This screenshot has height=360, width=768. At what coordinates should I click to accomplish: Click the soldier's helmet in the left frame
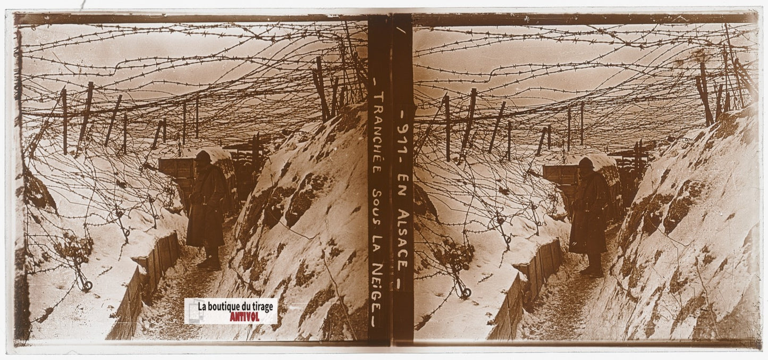(x=202, y=156)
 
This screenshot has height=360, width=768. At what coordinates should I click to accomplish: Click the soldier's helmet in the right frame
(x=586, y=163)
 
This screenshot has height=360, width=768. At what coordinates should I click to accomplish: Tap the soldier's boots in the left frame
(x=210, y=263)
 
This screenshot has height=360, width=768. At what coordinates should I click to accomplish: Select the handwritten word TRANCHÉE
(x=378, y=134)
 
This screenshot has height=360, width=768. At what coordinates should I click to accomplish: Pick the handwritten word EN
(x=404, y=183)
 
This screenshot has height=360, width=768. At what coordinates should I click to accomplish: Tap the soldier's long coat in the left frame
(x=206, y=207)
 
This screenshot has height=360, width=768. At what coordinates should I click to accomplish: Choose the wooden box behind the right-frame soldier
(x=559, y=175)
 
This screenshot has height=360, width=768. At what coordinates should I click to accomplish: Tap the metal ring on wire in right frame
(x=466, y=293)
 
